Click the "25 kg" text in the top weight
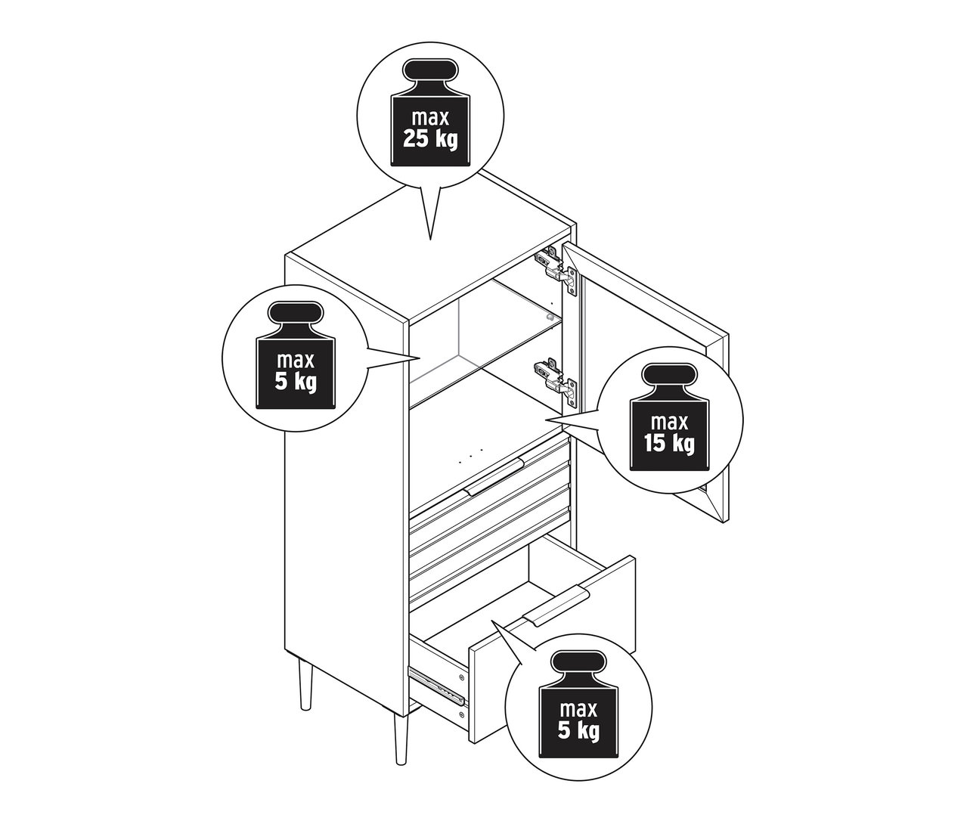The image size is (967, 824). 430,139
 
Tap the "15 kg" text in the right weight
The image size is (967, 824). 669,443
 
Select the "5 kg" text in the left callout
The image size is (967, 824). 295,383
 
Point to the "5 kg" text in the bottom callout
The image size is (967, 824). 578,731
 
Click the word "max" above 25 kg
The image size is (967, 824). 430,118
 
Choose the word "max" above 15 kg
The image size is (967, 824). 669,423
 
